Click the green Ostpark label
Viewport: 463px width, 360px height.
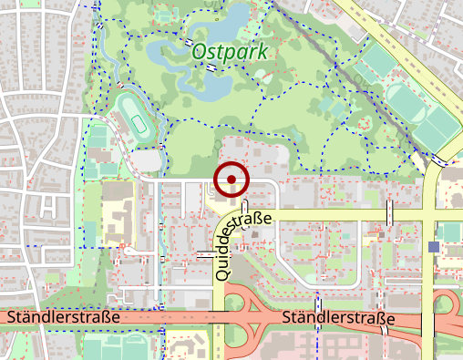pos(230,51)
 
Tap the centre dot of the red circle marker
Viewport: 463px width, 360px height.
pos(232,179)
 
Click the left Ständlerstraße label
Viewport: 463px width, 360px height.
pos(63,318)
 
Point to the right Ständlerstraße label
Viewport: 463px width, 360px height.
pos(338,319)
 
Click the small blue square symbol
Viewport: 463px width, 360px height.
pos(433,247)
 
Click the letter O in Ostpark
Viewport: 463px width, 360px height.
pos(199,51)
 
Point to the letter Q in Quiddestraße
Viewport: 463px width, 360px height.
pos(221,271)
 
